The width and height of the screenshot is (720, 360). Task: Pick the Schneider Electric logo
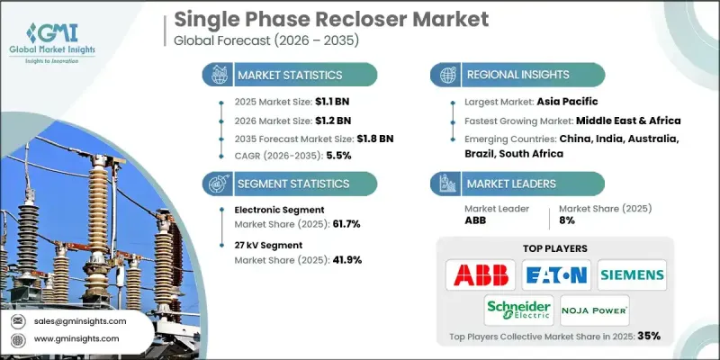point(517,309)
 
